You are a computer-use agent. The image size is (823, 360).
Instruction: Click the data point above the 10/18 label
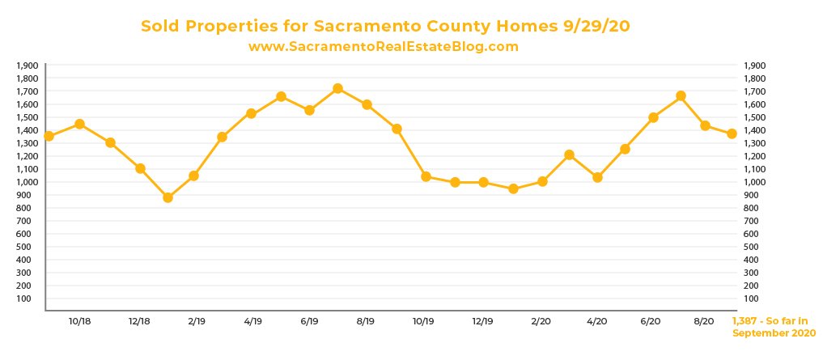79,124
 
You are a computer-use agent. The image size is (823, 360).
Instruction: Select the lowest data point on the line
168,197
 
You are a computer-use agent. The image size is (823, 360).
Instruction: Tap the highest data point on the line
337,88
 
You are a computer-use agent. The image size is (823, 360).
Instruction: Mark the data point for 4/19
251,113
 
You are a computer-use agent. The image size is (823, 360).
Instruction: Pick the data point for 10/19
426,176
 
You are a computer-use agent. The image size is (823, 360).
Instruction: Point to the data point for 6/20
653,117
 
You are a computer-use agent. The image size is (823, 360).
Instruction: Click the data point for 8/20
705,125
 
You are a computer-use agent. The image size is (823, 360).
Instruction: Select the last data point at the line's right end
732,133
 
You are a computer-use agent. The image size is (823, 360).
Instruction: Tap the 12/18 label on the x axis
139,321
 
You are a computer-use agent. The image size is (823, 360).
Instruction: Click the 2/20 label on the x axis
540,321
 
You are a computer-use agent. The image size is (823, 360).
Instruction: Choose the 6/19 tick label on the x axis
308,321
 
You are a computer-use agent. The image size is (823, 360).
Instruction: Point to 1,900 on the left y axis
28,66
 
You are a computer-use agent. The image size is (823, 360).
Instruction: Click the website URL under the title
383,47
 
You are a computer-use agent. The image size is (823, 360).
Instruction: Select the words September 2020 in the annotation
774,332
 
